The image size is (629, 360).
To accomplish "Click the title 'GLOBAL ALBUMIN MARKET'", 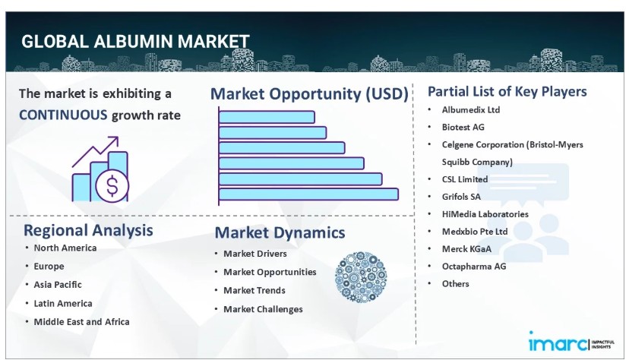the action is tap(135, 41).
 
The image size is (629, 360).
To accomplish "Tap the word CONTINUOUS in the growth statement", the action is tap(63, 115).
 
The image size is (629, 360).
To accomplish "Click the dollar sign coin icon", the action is tap(112, 185).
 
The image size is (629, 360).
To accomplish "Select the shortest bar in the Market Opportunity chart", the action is tap(267, 117).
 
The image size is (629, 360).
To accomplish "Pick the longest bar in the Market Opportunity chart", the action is tap(308, 194).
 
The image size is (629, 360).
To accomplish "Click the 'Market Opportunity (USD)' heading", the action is tap(309, 94).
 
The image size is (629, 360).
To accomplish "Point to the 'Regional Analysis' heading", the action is tap(88, 230).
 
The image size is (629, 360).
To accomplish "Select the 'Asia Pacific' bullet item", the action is tap(58, 285).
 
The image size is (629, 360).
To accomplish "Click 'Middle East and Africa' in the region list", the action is tap(81, 321).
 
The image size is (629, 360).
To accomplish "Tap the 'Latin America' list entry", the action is tap(63, 304).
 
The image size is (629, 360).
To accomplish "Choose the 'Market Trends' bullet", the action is tap(254, 290).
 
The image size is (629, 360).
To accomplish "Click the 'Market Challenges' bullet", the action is tap(263, 309).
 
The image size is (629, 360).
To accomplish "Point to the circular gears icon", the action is tap(361, 277).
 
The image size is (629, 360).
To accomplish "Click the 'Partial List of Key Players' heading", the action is tap(507, 91).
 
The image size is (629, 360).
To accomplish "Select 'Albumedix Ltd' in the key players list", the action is tap(471, 110).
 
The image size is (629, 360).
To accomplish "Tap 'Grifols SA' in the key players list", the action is tap(461, 197).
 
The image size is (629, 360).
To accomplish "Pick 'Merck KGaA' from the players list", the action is tap(466, 249).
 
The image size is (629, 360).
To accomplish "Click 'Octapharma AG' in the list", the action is tap(474, 266).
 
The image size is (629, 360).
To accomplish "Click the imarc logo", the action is tap(571, 343).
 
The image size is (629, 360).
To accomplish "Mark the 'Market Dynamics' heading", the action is tap(280, 232).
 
